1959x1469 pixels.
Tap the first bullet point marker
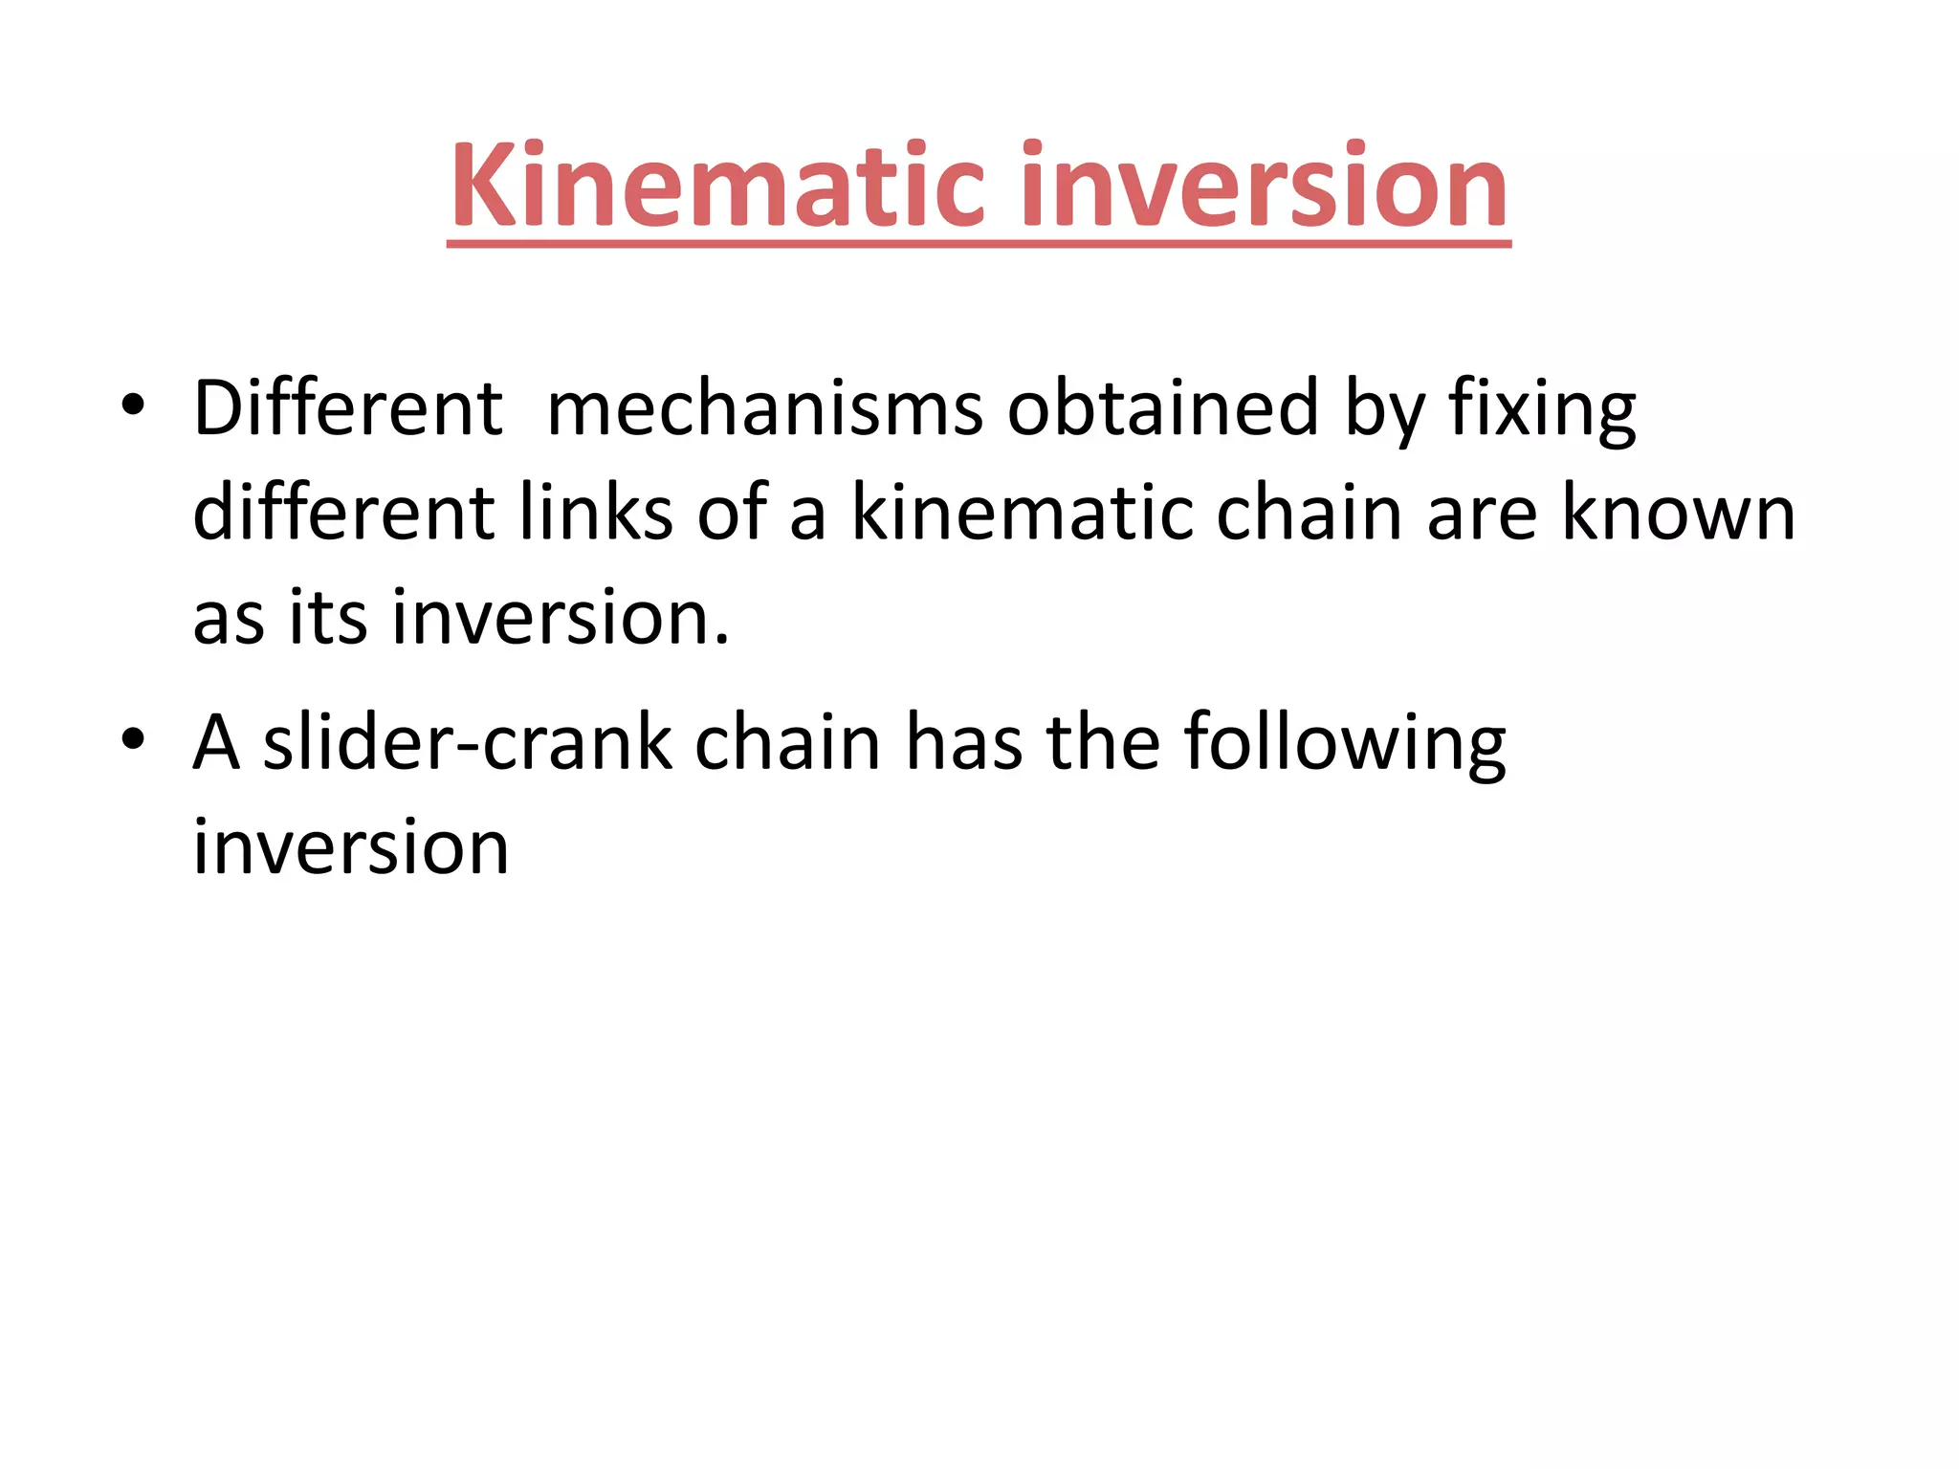point(133,406)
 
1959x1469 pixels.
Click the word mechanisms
point(764,408)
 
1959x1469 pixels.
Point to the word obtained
point(1163,408)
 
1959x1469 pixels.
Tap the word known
point(1679,513)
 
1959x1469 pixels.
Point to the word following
point(1344,745)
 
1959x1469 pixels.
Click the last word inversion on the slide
point(350,847)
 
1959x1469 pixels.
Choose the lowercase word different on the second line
point(342,513)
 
